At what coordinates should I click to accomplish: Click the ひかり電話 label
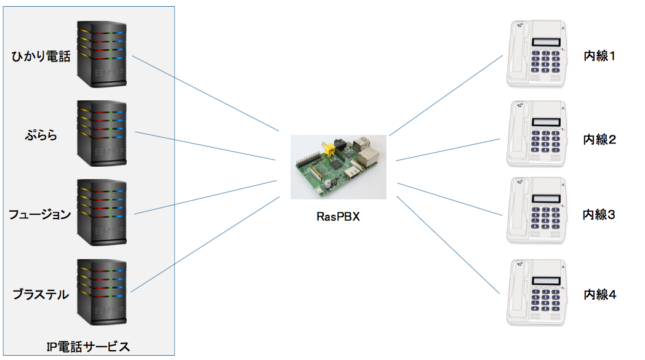coord(41,57)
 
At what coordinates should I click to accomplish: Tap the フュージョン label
coord(40,214)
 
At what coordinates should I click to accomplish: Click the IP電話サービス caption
coord(88,346)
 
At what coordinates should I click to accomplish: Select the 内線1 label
coord(599,57)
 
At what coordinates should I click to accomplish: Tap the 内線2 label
coord(599,139)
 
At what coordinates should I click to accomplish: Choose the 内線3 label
coord(599,215)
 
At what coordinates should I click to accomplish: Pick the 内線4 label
coord(599,294)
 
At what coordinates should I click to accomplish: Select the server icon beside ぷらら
coord(102,133)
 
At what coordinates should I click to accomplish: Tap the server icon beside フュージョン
coord(102,212)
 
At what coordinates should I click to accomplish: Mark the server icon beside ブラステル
coord(102,292)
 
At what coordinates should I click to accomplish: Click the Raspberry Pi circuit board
coord(338,167)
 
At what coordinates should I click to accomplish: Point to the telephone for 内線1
coord(536,54)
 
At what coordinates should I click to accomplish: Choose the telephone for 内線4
coord(536,292)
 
